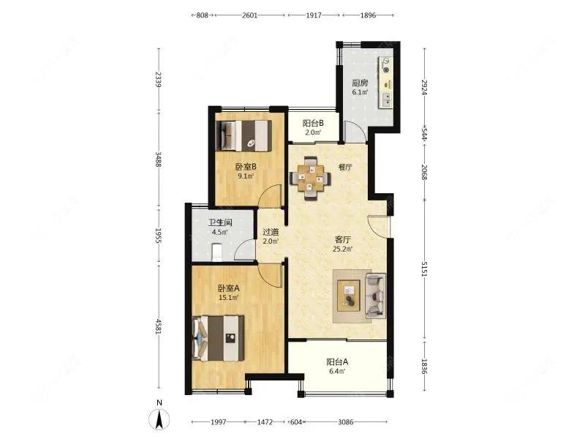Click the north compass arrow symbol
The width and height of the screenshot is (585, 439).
[159, 419]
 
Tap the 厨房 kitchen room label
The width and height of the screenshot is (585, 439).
[360, 83]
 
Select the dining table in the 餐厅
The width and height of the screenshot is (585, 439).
[310, 179]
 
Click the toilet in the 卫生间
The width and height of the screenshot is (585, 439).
[216, 252]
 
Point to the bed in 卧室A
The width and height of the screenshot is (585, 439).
[218, 338]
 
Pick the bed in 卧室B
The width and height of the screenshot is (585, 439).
[244, 135]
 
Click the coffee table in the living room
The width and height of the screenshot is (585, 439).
[349, 296]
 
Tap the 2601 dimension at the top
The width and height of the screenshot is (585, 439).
[249, 15]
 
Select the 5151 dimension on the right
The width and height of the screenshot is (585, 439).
[424, 269]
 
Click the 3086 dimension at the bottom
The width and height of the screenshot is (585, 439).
[345, 422]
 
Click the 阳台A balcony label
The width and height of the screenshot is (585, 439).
[337, 361]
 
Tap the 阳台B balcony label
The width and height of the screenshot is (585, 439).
[313, 123]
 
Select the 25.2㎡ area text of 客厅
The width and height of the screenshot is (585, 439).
[342, 249]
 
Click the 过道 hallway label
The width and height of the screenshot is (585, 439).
[271, 232]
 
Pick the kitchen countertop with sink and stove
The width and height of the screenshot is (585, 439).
[386, 83]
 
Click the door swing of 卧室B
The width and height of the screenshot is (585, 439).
[270, 196]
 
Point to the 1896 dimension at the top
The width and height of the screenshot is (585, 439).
[368, 15]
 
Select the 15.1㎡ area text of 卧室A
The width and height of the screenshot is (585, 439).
[228, 298]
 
